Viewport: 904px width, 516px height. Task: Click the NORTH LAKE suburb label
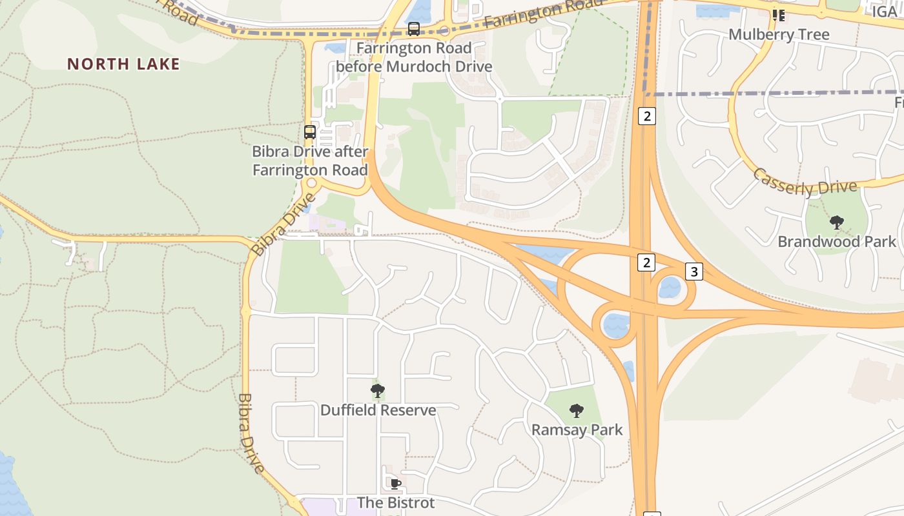coord(123,64)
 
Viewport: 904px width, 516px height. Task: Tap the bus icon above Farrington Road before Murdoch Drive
coord(414,29)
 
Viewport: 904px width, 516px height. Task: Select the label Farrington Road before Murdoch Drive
coord(414,57)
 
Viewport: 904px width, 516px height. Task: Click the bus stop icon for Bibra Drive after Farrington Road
coord(310,132)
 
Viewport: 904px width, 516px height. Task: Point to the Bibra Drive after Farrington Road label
coord(310,161)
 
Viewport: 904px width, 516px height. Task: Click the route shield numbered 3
coord(693,272)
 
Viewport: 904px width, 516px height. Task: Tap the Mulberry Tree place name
coord(779,34)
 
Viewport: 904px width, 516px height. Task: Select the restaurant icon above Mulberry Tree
coord(779,14)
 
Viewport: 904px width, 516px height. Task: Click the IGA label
coord(884,12)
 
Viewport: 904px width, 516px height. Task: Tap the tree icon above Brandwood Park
coord(837,223)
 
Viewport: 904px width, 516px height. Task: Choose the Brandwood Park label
coord(837,242)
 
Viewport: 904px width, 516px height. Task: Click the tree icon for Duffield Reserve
coord(378,391)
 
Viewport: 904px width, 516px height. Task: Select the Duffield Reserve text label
coord(378,410)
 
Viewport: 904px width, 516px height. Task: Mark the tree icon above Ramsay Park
coord(577,411)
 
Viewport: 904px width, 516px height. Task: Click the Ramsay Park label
coord(577,430)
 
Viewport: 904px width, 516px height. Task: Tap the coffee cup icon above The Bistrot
coord(396,484)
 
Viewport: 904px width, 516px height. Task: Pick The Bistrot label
coord(396,502)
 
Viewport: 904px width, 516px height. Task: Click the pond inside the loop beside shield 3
coord(670,288)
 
